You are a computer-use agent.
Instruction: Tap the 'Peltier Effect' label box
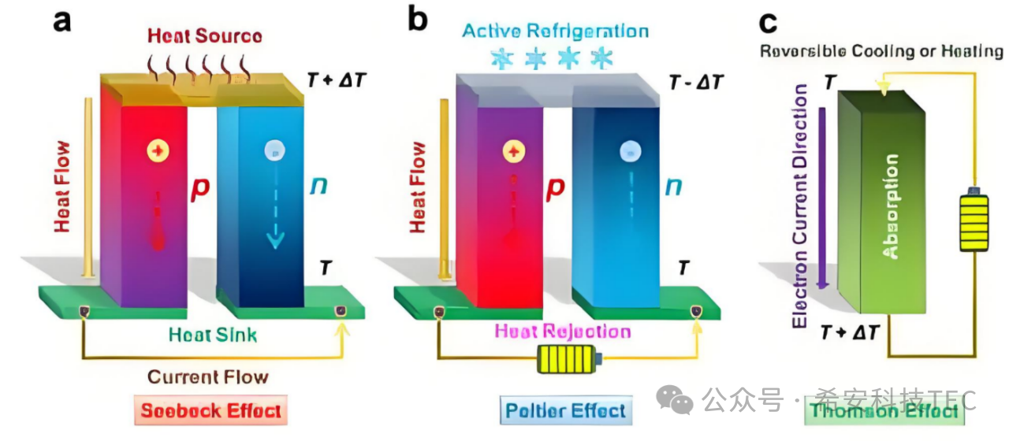tap(566, 409)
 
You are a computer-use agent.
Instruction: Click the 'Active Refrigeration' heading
tap(555, 31)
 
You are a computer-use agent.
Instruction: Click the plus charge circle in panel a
tap(156, 150)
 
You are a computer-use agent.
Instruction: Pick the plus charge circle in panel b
tap(513, 151)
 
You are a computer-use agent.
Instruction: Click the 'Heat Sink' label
tap(212, 335)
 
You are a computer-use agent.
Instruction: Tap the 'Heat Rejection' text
tap(562, 331)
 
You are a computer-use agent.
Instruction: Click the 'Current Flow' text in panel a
tap(208, 376)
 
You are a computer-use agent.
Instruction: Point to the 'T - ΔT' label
tap(694, 82)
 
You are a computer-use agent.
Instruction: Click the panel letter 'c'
tap(768, 22)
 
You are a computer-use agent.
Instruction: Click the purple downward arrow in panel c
tap(822, 197)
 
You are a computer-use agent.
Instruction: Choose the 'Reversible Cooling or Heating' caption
tap(881, 52)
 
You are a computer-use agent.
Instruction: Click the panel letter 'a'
tap(62, 20)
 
